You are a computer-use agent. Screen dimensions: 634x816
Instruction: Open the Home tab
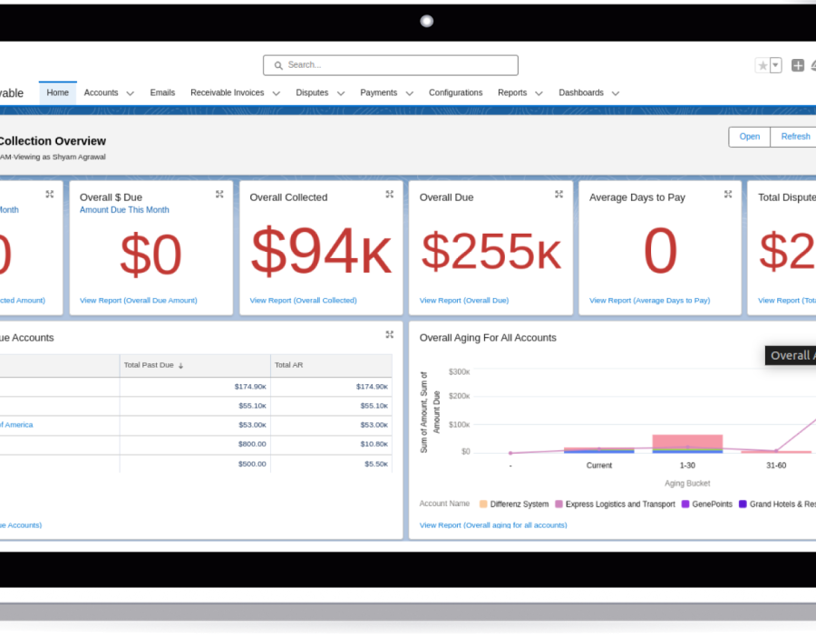click(x=58, y=92)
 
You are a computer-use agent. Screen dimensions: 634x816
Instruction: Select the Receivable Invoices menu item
click(x=228, y=92)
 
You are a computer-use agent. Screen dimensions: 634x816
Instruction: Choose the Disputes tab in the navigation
click(x=312, y=92)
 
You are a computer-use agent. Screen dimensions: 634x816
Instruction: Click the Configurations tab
click(x=455, y=92)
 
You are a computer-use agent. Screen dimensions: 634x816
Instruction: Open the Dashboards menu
click(x=581, y=92)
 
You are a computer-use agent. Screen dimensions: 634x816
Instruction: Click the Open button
click(x=749, y=137)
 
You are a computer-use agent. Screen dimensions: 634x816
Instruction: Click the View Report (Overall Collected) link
click(x=303, y=301)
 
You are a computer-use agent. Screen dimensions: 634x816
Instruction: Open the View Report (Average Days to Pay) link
click(x=649, y=301)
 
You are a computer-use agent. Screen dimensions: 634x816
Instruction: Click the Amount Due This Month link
click(x=124, y=210)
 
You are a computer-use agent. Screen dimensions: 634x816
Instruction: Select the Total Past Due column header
click(x=149, y=365)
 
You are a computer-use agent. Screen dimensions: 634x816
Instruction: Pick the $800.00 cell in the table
click(x=252, y=444)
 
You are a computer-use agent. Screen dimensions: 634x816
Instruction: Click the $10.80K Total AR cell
click(x=373, y=444)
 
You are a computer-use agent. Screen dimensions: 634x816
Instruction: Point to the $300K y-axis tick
click(x=459, y=372)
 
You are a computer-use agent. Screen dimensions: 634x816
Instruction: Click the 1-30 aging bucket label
click(x=687, y=466)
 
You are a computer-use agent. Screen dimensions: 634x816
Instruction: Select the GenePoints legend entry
click(x=712, y=504)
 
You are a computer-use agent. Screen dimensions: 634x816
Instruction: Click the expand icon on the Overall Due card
click(x=559, y=195)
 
